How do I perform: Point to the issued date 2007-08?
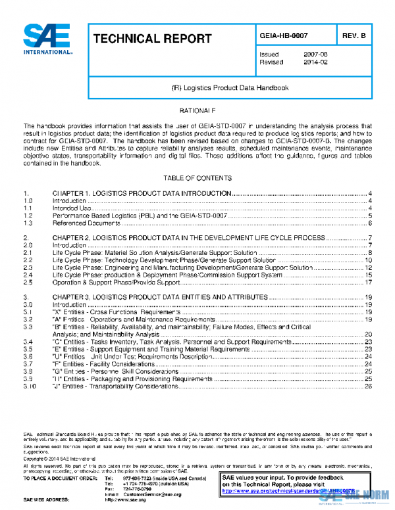(x=314, y=54)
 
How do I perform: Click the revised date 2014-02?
(x=314, y=62)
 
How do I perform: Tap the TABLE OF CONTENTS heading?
(x=197, y=178)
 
